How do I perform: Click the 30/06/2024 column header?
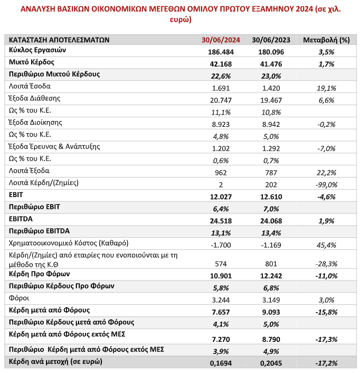click(x=221, y=40)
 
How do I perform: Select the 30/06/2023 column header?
click(x=271, y=40)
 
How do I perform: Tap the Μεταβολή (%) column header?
click(x=326, y=40)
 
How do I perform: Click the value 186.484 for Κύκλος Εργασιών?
click(x=221, y=52)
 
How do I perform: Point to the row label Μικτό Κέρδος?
click(x=32, y=62)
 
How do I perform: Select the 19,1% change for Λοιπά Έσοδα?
click(x=326, y=88)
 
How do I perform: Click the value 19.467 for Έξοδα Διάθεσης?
click(x=271, y=100)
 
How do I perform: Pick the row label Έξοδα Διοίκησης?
click(x=35, y=122)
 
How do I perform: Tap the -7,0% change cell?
click(x=326, y=148)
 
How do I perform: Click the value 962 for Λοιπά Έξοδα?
click(x=221, y=172)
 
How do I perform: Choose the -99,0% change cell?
click(x=326, y=185)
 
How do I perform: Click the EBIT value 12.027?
click(x=221, y=197)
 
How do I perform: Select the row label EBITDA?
click(x=21, y=219)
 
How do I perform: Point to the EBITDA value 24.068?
click(x=271, y=221)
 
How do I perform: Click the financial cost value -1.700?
click(x=221, y=245)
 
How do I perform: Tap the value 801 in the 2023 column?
click(x=271, y=264)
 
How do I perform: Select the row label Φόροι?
click(x=19, y=298)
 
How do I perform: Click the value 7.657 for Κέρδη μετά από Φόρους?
click(x=221, y=312)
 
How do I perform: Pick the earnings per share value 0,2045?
click(x=271, y=363)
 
